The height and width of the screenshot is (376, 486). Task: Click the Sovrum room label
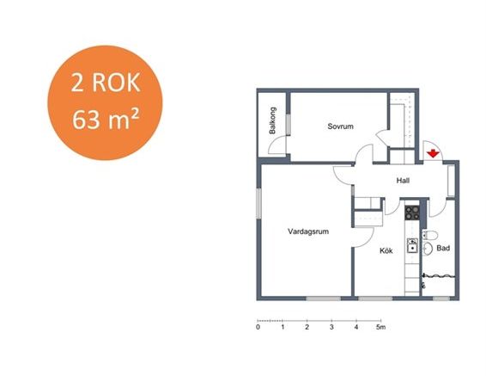tap(340, 126)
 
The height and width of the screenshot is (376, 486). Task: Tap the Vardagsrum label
tap(308, 231)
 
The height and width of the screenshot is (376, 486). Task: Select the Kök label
tap(386, 250)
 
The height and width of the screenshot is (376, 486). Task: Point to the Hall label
tap(403, 181)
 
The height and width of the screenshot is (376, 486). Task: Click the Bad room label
tap(443, 248)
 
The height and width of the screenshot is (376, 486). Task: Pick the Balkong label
tap(272, 120)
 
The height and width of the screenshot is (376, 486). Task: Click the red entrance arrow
tap(433, 153)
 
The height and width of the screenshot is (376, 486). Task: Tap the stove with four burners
tap(412, 213)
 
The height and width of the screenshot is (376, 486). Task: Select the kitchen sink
tap(412, 246)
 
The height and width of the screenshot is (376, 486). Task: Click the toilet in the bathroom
tap(429, 235)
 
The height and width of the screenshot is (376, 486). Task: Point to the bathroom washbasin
tap(428, 249)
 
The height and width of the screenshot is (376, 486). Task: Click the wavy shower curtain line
tap(439, 275)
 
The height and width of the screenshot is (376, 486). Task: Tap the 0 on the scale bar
tap(258, 327)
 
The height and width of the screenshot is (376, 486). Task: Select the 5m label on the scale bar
tap(381, 327)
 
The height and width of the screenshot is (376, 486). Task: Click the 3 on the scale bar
tap(331, 327)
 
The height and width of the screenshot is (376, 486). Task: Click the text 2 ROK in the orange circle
tap(106, 83)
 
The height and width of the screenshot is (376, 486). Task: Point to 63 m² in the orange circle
tap(106, 120)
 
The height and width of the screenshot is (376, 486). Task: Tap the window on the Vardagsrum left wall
tap(258, 203)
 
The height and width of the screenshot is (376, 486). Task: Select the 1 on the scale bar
tap(282, 327)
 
